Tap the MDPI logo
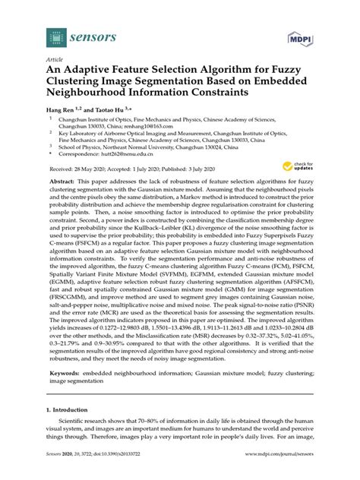(x=302, y=36)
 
